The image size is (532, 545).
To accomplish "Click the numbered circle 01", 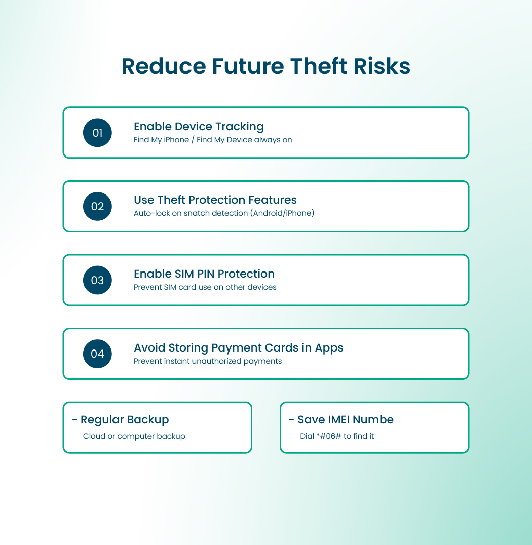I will pyautogui.click(x=97, y=133).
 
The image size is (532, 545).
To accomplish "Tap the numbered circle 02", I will pyautogui.click(x=97, y=207).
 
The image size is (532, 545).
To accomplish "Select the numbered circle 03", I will pyautogui.click(x=97, y=280).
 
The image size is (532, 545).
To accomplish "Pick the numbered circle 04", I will pyautogui.click(x=97, y=354).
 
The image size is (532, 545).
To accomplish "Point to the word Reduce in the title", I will pyautogui.click(x=164, y=67).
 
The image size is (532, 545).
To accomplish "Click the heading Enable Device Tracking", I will pyautogui.click(x=199, y=127).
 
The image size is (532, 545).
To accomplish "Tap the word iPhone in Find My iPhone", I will pyautogui.click(x=176, y=140).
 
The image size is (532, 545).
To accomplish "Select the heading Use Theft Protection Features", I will pyautogui.click(x=215, y=200).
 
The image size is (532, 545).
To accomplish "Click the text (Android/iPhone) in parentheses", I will pyautogui.click(x=282, y=213).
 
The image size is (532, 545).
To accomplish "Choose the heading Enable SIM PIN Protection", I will pyautogui.click(x=204, y=274).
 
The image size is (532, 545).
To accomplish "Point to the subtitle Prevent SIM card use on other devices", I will pyautogui.click(x=205, y=287).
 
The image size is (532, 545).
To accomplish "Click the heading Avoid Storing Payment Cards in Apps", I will pyautogui.click(x=239, y=348).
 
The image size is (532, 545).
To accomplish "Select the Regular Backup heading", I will pyautogui.click(x=125, y=420).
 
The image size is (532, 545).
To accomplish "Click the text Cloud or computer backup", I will pyautogui.click(x=134, y=436).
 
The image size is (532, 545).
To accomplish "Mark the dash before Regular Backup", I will pyautogui.click(x=74, y=420).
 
